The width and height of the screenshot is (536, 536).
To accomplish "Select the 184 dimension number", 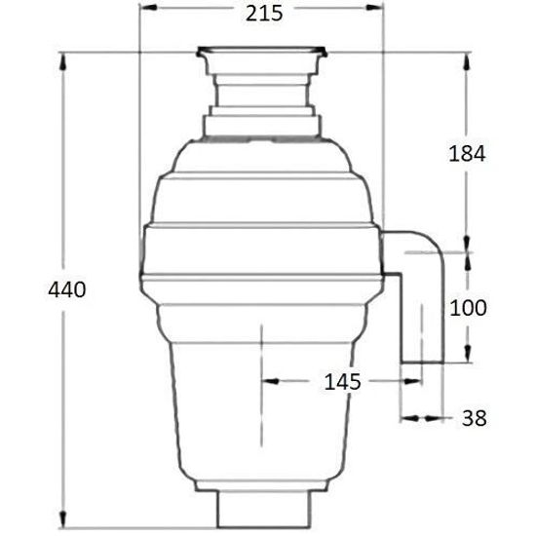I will point(467,153).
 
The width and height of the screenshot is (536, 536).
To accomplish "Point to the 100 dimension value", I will point(467,308).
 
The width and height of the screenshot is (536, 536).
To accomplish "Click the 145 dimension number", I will point(342,382).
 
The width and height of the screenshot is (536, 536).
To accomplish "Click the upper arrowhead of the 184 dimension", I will point(468,53).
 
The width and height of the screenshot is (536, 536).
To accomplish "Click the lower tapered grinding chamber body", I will point(261,409).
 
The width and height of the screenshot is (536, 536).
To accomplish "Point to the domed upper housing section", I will point(261,180).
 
